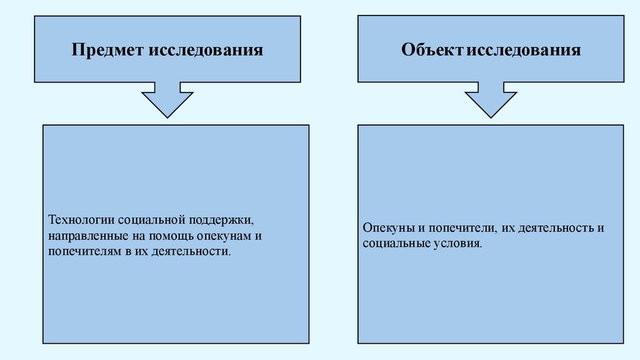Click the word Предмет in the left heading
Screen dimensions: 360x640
click(x=107, y=50)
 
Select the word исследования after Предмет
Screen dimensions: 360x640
click(x=206, y=50)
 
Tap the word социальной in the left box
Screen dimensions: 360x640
click(x=149, y=221)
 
